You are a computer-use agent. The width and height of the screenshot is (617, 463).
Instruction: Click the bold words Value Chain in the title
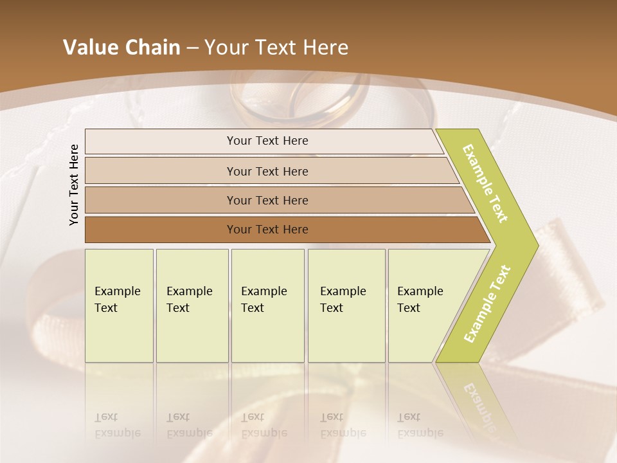pyautogui.click(x=121, y=48)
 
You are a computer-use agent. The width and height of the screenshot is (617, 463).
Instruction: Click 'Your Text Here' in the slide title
pyautogui.click(x=276, y=48)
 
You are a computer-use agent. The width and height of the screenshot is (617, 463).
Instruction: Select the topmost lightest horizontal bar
pyautogui.click(x=267, y=141)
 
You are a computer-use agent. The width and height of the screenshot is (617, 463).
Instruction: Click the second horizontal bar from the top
pyautogui.click(x=267, y=171)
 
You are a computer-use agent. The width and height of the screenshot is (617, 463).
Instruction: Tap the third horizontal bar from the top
pyautogui.click(x=267, y=200)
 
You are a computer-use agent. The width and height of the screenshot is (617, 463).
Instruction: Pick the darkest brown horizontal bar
pyautogui.click(x=267, y=230)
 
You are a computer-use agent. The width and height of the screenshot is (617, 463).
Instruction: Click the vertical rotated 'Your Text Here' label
pyautogui.click(x=74, y=185)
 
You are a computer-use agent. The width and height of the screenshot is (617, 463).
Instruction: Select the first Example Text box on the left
pyautogui.click(x=119, y=305)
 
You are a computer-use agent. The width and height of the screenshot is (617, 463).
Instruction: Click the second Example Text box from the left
pyautogui.click(x=192, y=305)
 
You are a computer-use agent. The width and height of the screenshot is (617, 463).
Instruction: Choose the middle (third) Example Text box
pyautogui.click(x=267, y=305)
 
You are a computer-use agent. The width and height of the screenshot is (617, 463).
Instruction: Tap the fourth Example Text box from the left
pyautogui.click(x=346, y=305)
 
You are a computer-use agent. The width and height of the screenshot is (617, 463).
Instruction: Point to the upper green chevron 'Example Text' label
pyautogui.click(x=485, y=184)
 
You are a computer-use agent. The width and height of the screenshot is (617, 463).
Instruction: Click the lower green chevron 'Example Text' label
pyautogui.click(x=487, y=304)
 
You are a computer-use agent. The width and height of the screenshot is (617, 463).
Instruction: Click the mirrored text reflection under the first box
pyautogui.click(x=118, y=425)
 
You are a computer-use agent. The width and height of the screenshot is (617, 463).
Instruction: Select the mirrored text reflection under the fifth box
pyautogui.click(x=420, y=425)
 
